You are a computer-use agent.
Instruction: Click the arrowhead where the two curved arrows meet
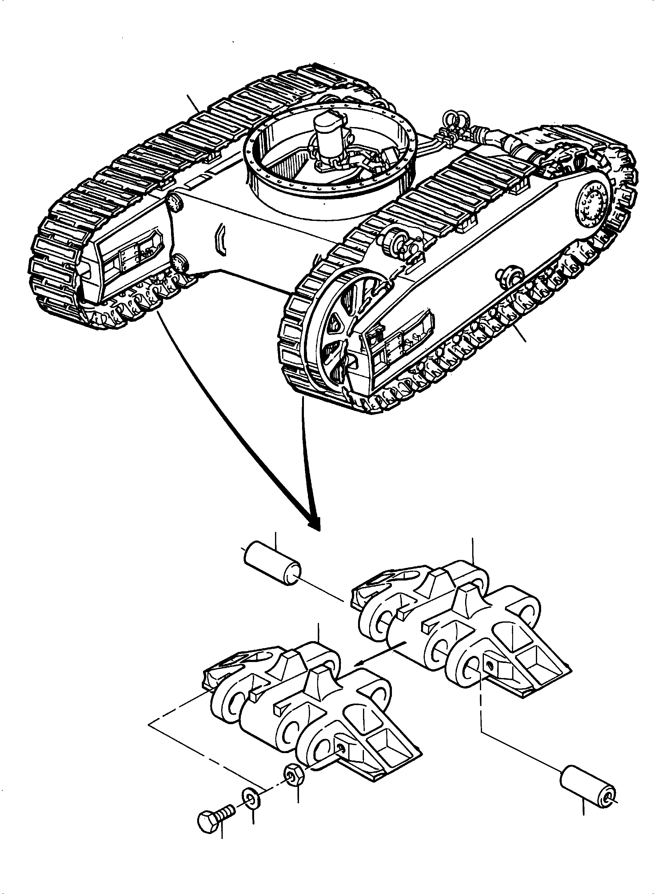coord(315,525)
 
